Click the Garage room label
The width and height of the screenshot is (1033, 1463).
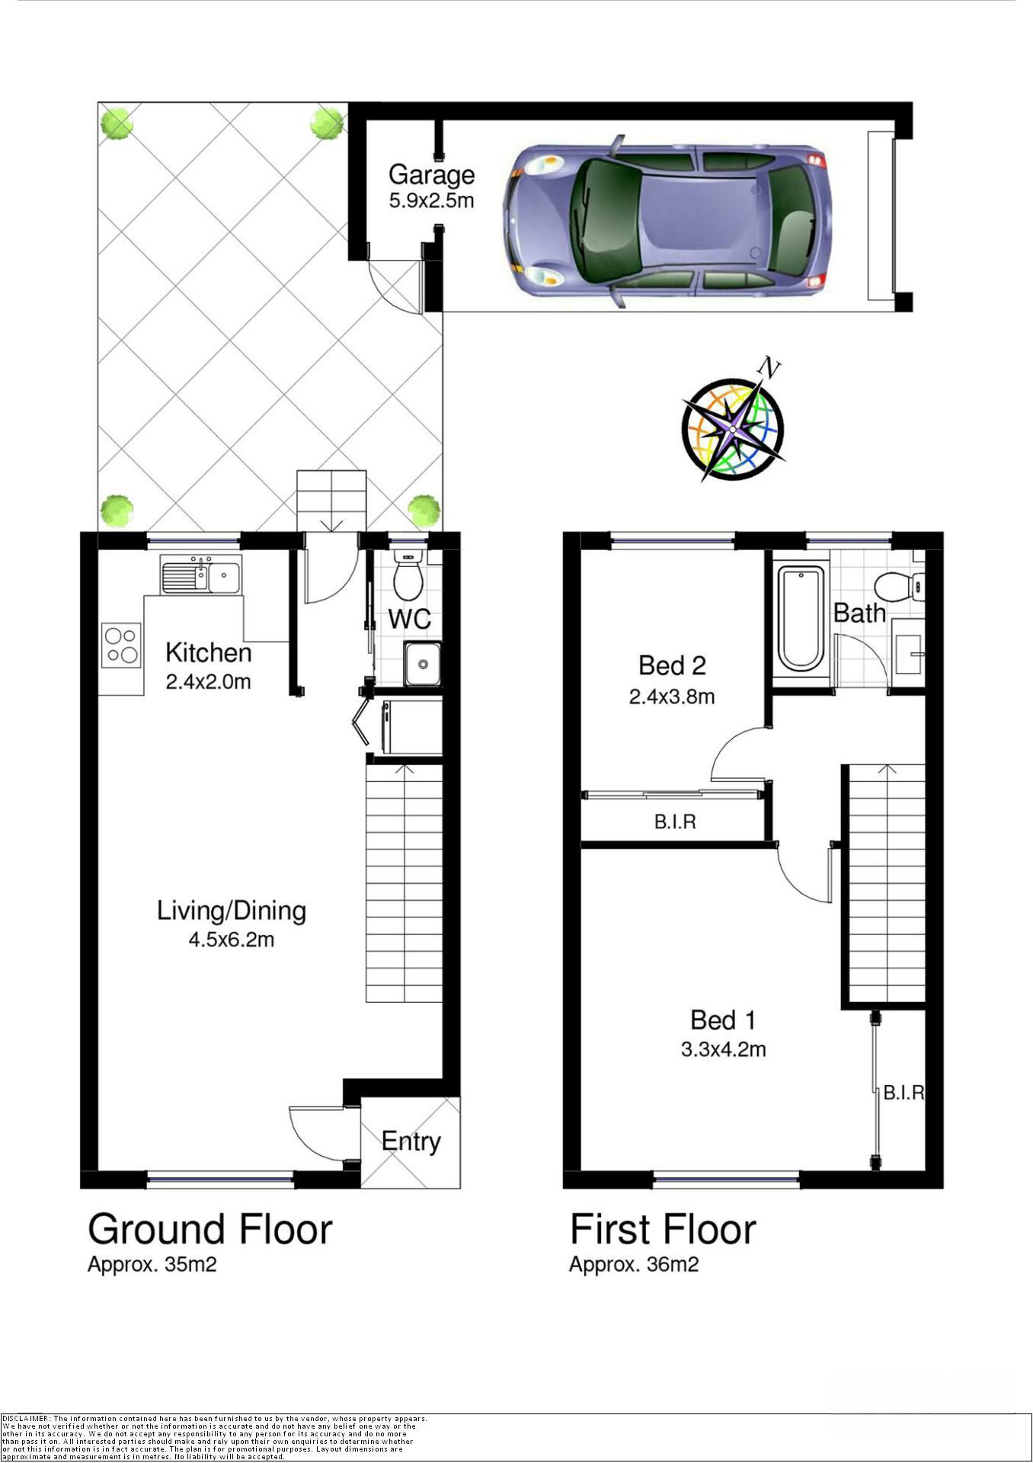(431, 174)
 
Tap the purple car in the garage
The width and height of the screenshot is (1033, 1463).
(667, 222)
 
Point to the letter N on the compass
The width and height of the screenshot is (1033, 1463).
(769, 368)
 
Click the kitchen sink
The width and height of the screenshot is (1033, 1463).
(201, 575)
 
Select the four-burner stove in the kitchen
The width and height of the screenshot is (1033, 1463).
(121, 645)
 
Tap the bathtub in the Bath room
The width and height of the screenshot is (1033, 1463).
(801, 618)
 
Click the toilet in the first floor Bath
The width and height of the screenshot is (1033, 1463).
(899, 587)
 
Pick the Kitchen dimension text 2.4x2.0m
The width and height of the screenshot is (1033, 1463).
(208, 682)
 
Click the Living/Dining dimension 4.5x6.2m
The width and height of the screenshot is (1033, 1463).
(232, 940)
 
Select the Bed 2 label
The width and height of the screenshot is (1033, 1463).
(672, 666)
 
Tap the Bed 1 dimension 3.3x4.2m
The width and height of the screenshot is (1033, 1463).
(723, 1049)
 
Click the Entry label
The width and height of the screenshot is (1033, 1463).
(411, 1141)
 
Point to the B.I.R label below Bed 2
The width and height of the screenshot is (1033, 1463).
(675, 822)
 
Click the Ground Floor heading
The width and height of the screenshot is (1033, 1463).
(210, 1230)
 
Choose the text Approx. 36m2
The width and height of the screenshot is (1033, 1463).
(634, 1265)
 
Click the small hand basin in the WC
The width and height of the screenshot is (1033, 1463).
(422, 664)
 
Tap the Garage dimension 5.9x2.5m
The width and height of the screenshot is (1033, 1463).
(431, 201)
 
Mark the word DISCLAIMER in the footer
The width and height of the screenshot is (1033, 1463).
(26, 1419)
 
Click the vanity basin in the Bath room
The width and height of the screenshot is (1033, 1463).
(908, 655)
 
